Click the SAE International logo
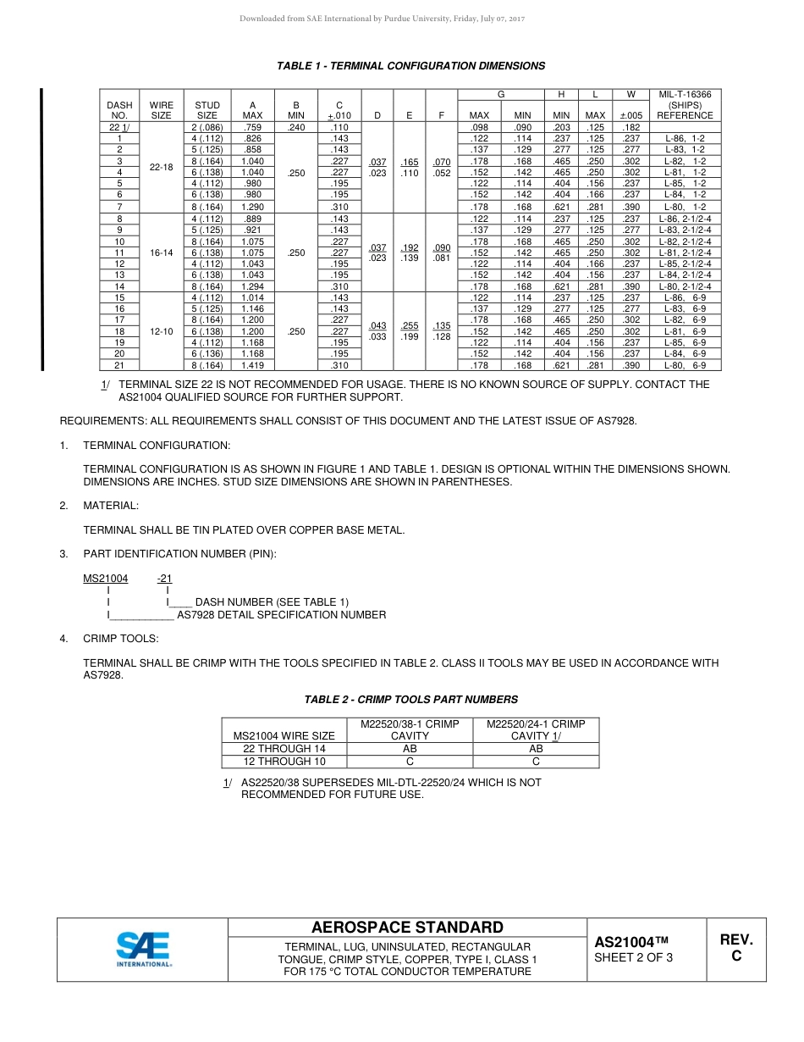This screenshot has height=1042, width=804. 143,949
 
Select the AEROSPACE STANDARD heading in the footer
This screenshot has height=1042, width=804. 407,928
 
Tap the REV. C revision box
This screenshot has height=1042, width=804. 735,948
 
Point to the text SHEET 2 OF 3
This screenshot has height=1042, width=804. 634,958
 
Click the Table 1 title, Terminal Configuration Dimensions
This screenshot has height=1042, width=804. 411,66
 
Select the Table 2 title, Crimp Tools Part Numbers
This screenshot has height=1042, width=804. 411,700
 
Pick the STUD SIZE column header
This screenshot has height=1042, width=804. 207,110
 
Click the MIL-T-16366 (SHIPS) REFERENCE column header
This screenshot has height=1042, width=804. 685,105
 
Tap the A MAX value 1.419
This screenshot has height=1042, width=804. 252,365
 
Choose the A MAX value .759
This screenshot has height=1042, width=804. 252,127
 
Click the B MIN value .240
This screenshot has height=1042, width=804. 296,127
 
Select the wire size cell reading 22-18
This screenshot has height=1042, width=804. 161,167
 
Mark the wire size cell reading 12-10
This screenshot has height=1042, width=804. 161,332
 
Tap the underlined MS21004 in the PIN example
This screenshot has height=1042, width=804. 105,579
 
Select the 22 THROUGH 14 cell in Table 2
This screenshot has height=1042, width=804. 284,749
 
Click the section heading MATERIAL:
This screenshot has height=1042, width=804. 111,506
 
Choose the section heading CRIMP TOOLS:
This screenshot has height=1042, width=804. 120,639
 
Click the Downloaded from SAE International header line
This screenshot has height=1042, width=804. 383,19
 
